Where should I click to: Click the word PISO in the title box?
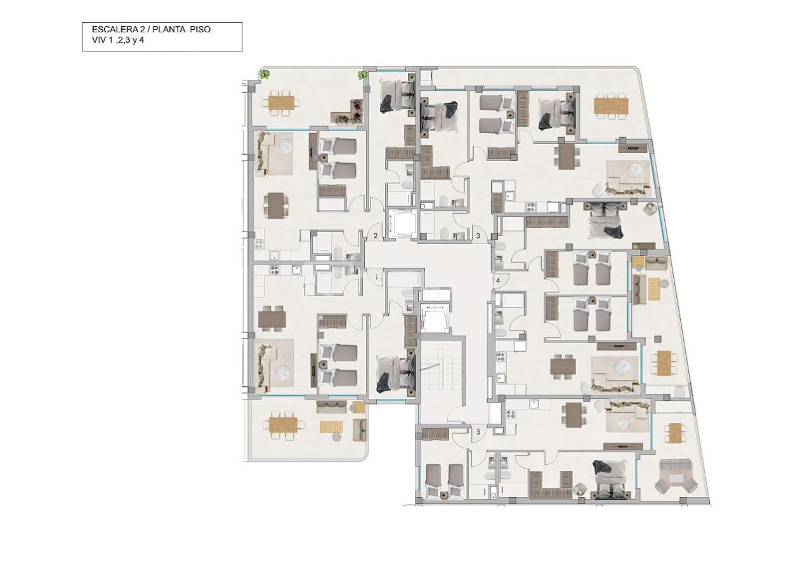199,30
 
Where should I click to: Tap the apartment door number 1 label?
376,277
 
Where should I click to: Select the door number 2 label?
376,236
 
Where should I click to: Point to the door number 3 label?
478,236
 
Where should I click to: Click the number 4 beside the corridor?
498,280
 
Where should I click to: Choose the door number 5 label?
478,432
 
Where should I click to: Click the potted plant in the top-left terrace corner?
264,74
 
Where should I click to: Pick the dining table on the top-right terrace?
611,105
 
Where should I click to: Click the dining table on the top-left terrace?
282,102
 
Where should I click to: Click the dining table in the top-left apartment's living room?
276,205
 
